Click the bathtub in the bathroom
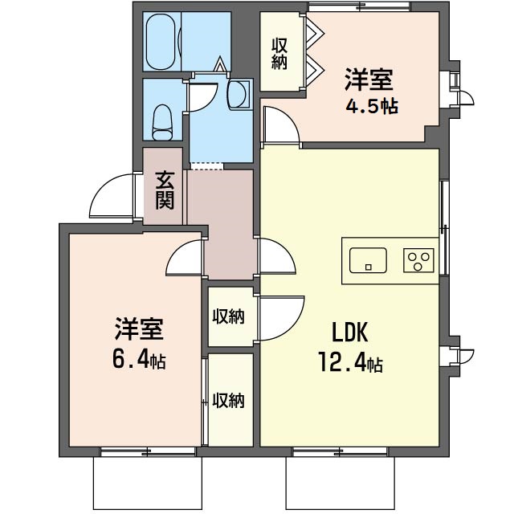coord(162,41)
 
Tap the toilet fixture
coord(162,122)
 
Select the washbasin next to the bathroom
coord(239,94)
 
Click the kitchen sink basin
coord(368,260)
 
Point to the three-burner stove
coord(418,260)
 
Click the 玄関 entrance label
coord(165,190)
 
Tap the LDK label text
coord(350,332)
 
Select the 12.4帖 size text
coord(350,362)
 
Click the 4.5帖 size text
coord(372,106)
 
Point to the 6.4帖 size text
coord(139,359)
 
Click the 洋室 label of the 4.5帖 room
coord(369,80)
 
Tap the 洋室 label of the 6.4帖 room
coord(139,328)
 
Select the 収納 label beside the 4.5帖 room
coord(279,54)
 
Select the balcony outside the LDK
coord(340,483)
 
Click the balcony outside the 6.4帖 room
coord(148,483)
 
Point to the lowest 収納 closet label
coord(228,400)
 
